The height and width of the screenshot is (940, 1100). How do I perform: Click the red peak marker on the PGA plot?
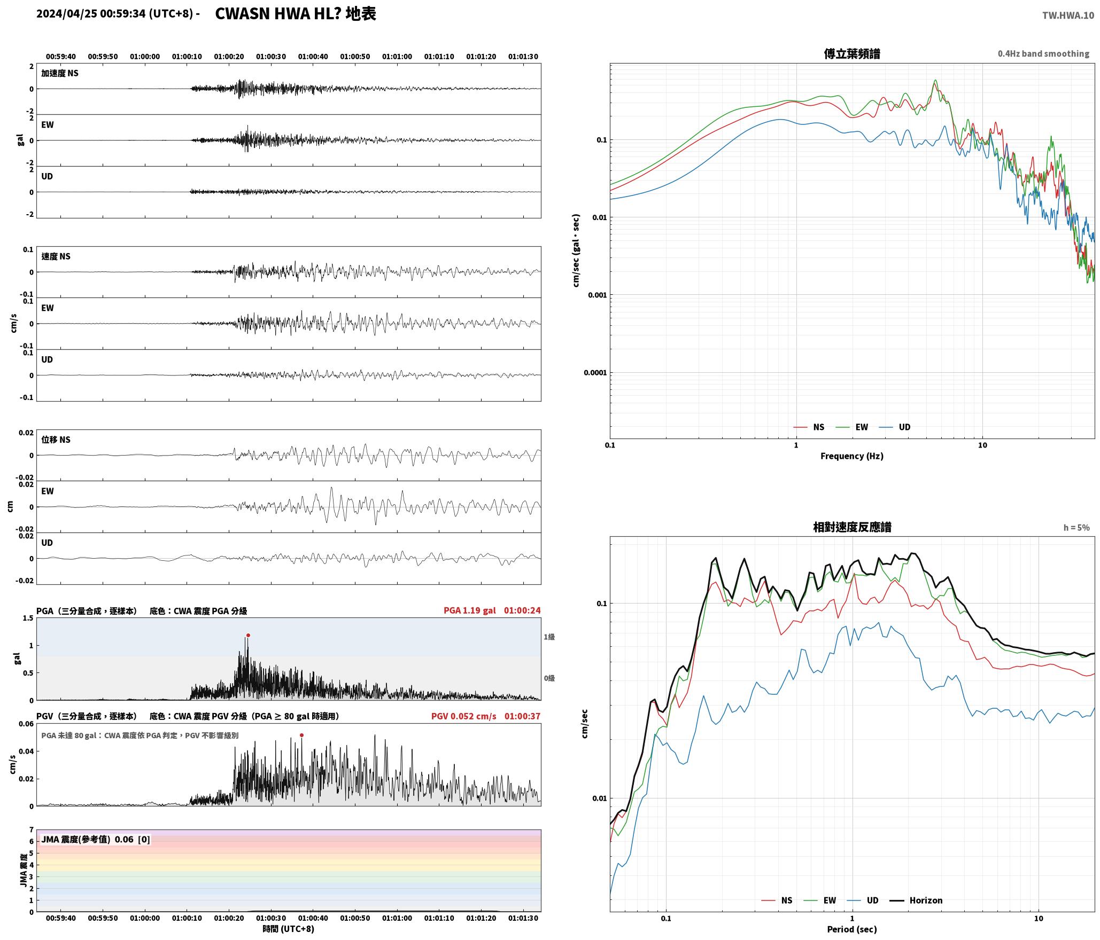[x=248, y=635]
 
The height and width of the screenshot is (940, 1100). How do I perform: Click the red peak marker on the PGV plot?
[x=301, y=735]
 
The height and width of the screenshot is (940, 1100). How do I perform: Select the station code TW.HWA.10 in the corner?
[x=1068, y=15]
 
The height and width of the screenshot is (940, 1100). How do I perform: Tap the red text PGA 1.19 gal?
[x=469, y=610]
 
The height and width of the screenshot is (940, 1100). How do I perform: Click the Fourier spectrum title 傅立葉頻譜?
[x=852, y=54]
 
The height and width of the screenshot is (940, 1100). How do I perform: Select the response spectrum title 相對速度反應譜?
[x=852, y=527]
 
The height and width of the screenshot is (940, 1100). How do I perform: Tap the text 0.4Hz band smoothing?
[x=1043, y=54]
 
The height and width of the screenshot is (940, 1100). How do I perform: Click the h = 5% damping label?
[x=1076, y=528]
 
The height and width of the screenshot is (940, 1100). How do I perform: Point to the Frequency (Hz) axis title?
[x=852, y=456]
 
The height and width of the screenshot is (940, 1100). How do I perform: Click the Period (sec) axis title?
[x=852, y=929]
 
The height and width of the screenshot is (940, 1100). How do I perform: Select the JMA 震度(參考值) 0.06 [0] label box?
[x=96, y=840]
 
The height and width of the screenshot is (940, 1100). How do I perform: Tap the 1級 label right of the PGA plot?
[x=549, y=637]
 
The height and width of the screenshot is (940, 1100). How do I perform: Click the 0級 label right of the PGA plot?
[x=549, y=678]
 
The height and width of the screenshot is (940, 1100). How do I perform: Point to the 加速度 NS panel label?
[x=60, y=73]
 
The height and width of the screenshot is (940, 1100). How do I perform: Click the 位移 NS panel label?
[x=56, y=440]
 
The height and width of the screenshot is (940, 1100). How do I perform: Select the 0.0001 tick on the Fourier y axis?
[x=595, y=373]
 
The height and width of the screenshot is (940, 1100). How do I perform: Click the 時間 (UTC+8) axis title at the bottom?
[x=289, y=929]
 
